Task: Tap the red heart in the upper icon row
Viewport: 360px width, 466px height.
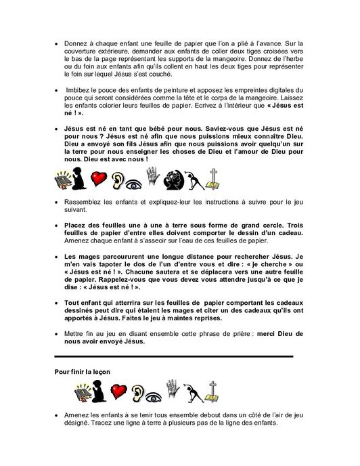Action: point(101,181)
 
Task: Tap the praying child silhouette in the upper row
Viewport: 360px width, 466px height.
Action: point(79,179)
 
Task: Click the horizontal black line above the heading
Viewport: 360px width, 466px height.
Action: point(174,356)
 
